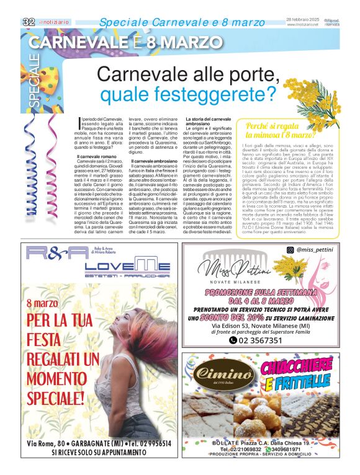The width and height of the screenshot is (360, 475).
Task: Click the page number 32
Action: click(x=28, y=21)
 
